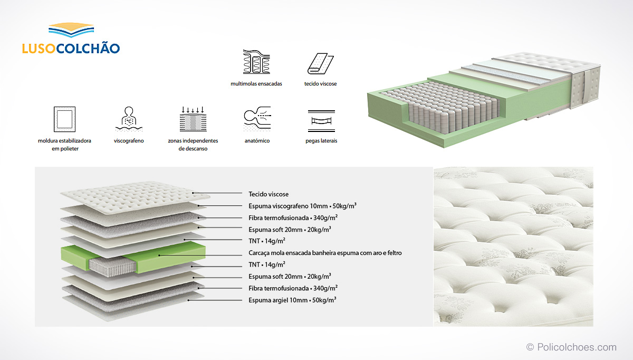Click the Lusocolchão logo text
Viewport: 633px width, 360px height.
point(71,48)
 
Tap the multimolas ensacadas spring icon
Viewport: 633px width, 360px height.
point(256,62)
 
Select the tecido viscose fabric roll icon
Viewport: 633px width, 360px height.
point(321,63)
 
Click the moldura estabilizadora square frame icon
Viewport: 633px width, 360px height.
point(65,119)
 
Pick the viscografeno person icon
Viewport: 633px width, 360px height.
point(129,119)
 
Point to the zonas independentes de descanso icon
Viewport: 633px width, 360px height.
point(193,119)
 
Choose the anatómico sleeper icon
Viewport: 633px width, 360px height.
point(257,119)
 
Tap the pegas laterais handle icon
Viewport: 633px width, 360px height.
point(321,121)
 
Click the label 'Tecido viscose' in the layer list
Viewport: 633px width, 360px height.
point(268,194)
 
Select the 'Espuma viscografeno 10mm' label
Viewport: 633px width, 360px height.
point(302,206)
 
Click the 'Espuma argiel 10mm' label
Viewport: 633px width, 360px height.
point(292,300)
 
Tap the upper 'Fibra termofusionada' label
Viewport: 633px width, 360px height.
point(293,218)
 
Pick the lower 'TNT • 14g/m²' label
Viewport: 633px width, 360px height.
point(267,264)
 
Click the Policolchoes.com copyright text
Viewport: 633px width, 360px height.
point(571,347)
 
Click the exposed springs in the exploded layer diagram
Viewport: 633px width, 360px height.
point(112,267)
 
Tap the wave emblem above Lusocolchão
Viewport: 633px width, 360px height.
point(71,30)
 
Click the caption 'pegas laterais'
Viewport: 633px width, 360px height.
point(321,141)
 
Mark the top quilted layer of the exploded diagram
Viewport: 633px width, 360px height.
point(135,197)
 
